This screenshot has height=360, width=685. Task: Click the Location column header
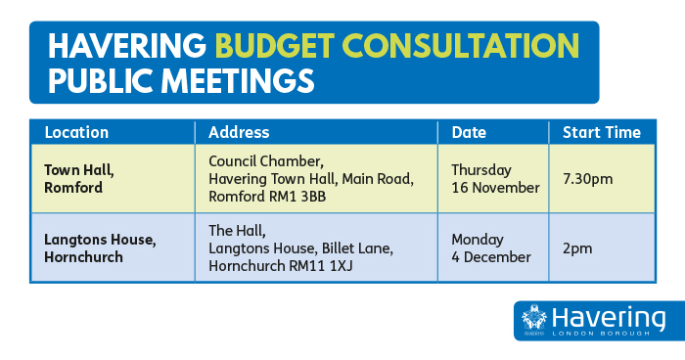pos(76,132)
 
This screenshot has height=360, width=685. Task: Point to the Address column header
pos(239,132)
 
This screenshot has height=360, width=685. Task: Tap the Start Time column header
pos(601,132)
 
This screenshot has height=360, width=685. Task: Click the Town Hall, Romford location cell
pos(78,178)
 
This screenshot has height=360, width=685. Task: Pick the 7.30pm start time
pos(587,179)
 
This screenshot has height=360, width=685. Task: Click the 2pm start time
pos(577,248)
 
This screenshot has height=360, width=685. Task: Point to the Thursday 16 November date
pos(494,179)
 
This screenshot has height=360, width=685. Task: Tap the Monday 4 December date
pos(490,248)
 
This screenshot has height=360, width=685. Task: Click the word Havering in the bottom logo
pos(608,317)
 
